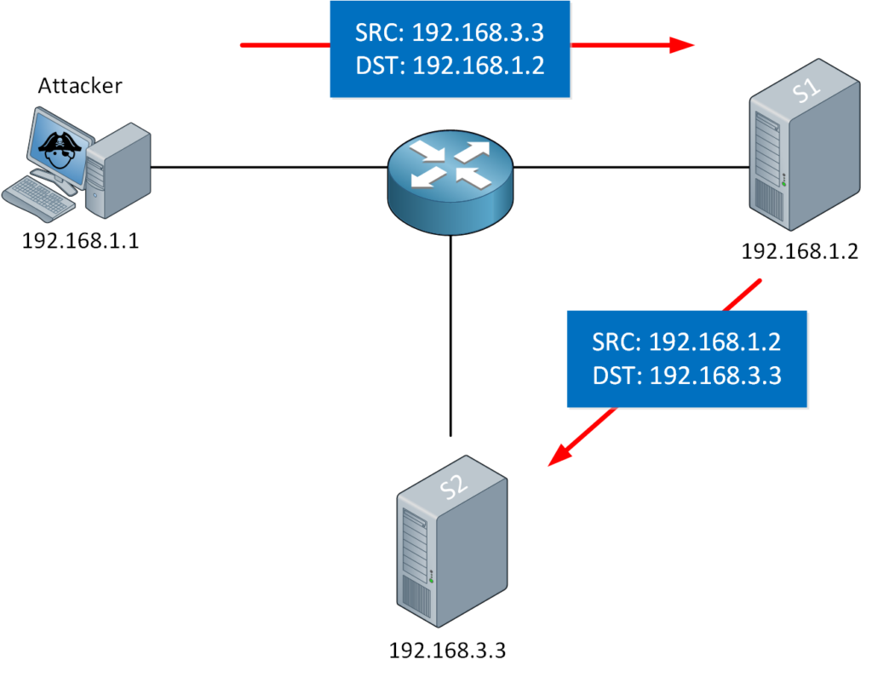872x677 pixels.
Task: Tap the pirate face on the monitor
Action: [57, 146]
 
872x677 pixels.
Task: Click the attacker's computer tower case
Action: [119, 167]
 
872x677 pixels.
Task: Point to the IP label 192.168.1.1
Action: [80, 242]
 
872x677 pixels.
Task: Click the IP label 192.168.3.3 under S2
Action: [447, 651]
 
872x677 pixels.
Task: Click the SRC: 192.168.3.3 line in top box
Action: [449, 33]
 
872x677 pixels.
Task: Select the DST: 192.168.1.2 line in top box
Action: [449, 66]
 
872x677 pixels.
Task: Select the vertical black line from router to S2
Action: [450, 341]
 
